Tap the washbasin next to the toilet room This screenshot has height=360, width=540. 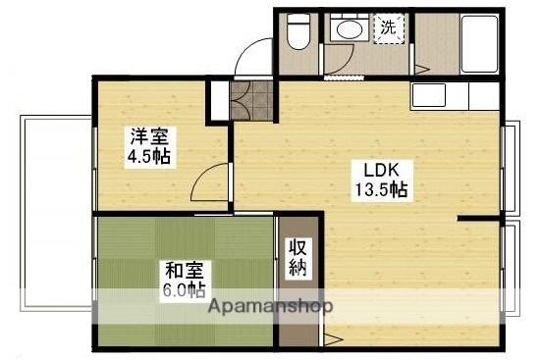[x=346, y=30]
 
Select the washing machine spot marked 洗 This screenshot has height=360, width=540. [x=389, y=28]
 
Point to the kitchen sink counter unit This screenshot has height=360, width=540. [x=451, y=97]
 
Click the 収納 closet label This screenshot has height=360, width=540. [x=297, y=256]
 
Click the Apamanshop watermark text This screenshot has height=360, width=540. [x=271, y=305]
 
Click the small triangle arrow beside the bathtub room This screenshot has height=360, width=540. [x=419, y=69]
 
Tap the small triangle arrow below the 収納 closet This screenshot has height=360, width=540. [x=334, y=340]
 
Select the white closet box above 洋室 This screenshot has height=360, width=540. [x=217, y=99]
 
